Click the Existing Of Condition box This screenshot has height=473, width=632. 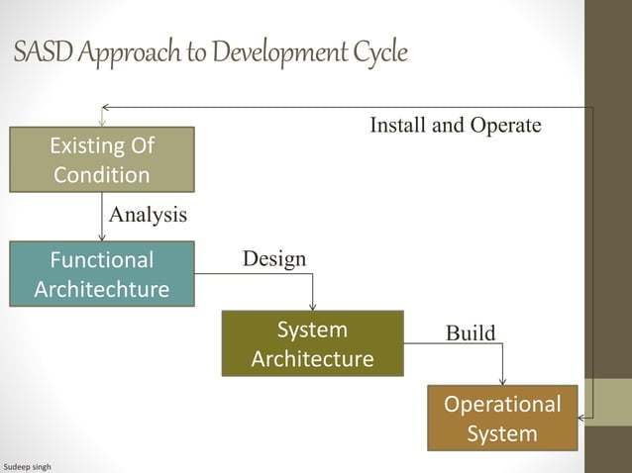tap(102, 160)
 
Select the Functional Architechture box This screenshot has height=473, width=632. tap(102, 274)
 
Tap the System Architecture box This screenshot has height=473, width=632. tap(312, 343)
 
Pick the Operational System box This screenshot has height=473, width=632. tap(502, 418)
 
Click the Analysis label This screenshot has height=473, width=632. tap(147, 214)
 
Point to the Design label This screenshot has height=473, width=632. tap(274, 258)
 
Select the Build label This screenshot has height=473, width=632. tap(471, 332)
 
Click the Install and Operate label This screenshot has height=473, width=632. tap(456, 126)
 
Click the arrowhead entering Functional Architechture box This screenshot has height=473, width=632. tap(102, 236)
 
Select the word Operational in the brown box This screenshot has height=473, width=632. tap(502, 405)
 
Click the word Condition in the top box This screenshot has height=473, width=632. tap(102, 175)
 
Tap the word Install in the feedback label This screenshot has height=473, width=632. tap(396, 126)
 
